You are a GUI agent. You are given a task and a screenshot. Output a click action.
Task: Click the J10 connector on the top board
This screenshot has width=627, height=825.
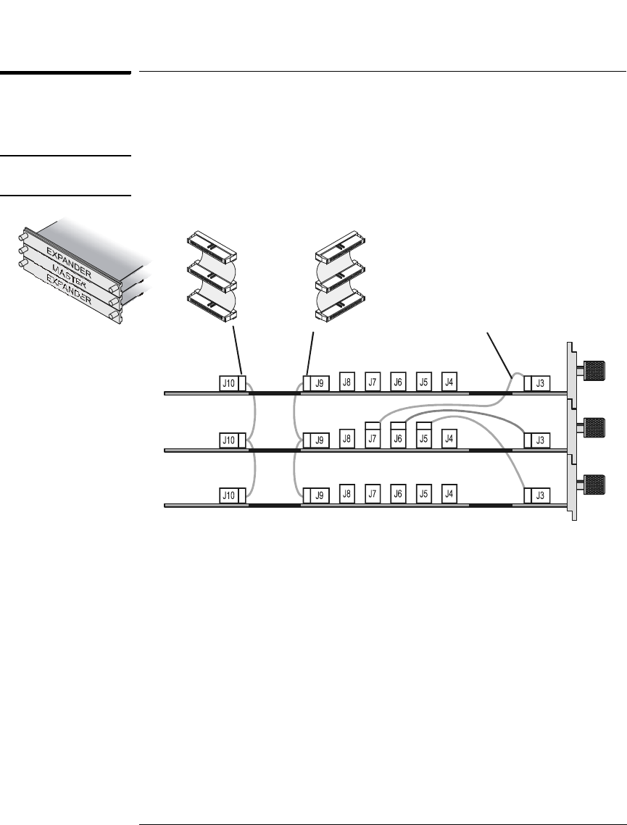[x=229, y=382]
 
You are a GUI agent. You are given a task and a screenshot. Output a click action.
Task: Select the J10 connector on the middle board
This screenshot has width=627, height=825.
[x=229, y=440]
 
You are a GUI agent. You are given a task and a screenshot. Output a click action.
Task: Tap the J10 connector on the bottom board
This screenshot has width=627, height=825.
[x=229, y=495]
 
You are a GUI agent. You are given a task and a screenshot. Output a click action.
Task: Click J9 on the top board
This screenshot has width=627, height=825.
[x=319, y=382]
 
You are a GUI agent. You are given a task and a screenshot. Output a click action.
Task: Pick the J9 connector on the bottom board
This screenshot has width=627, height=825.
[x=319, y=495]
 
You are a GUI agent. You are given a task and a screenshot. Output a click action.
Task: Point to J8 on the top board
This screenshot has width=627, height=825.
[x=347, y=381]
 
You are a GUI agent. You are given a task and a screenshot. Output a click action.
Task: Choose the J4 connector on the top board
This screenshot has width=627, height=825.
[x=449, y=381]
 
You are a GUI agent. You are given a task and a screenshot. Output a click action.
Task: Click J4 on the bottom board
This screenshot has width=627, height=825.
[x=449, y=493]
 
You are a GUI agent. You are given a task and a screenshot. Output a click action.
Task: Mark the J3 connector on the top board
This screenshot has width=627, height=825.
[x=540, y=383]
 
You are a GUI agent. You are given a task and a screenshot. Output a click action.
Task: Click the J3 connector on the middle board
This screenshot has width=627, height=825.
[x=540, y=440]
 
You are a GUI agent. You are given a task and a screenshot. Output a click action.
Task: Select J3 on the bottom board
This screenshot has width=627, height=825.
[x=540, y=495]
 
